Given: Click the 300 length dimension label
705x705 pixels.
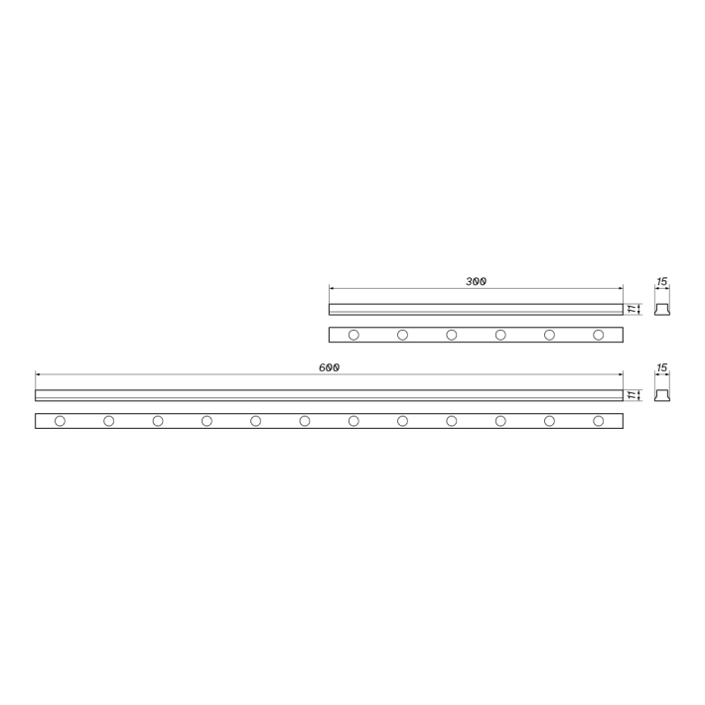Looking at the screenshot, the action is pos(476,281).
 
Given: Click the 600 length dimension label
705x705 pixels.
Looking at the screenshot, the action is pos(329,367).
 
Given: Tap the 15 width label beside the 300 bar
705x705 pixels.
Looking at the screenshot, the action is pos(662,281).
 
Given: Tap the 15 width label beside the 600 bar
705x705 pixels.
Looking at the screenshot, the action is pos(662,367).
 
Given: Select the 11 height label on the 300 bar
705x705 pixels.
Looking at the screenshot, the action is pos(633,309).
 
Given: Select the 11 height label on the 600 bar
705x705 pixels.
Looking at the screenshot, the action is pos(633,395).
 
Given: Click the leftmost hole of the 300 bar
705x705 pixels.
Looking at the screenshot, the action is pos(353,335).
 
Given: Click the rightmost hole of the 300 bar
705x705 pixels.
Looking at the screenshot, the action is pos(599,335).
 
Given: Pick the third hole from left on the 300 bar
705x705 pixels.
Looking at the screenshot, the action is pos(452,335).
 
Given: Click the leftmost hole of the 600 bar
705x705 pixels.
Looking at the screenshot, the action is pos(60,421).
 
